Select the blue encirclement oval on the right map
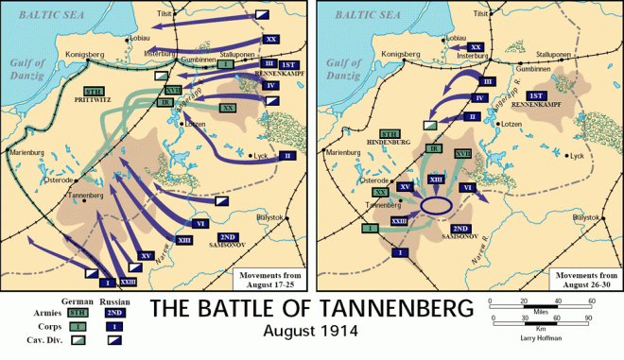[437, 206]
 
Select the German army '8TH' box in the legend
[78, 310]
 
